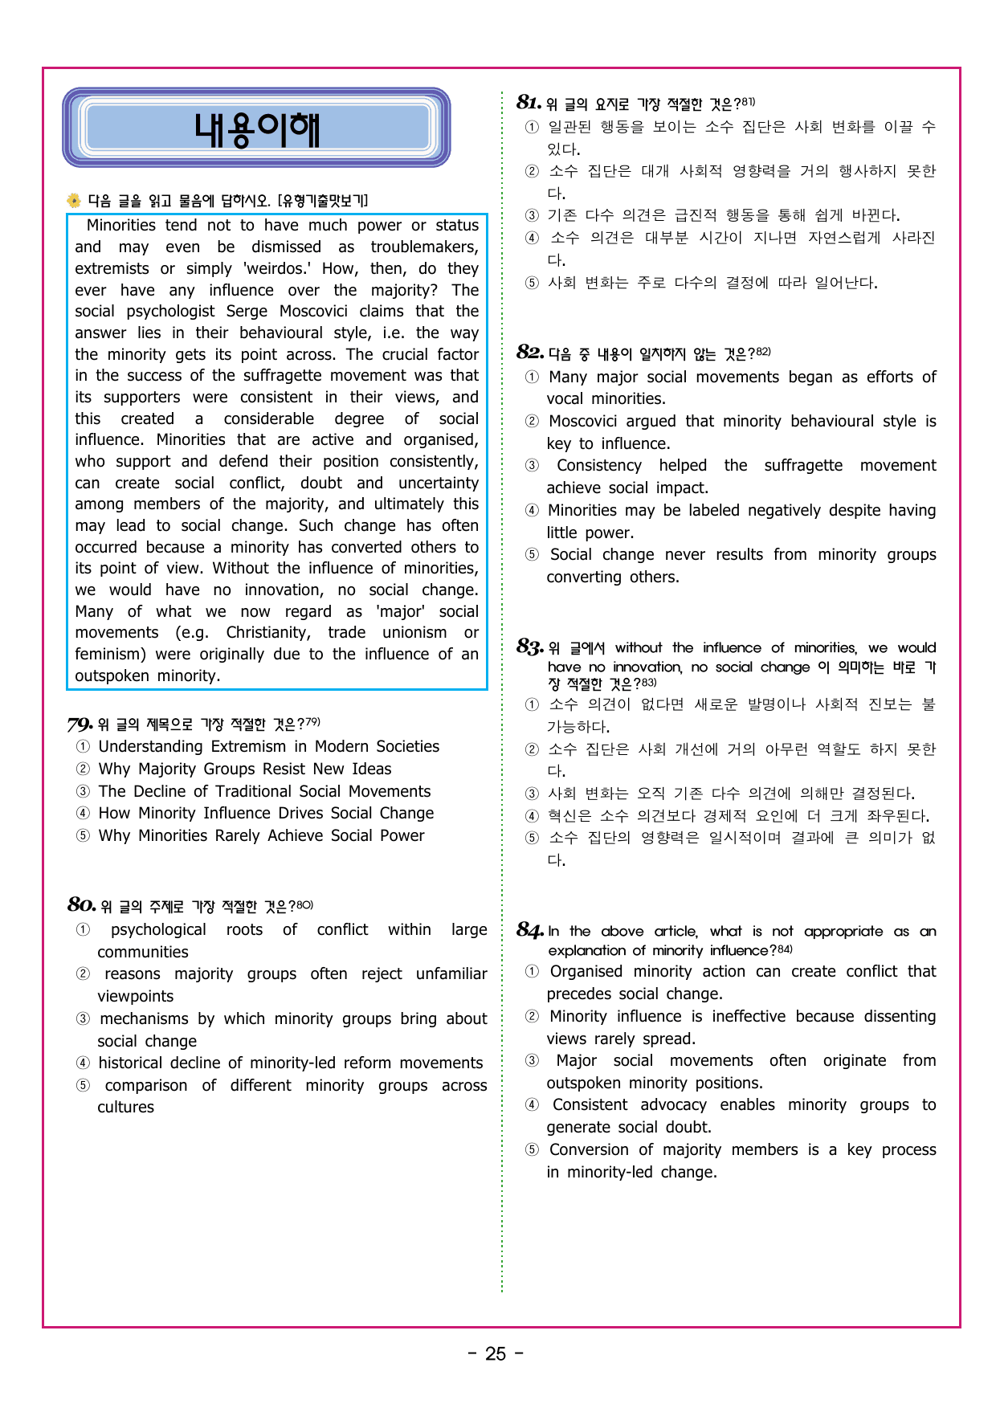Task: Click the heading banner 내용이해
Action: pos(256,129)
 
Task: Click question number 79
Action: pos(80,724)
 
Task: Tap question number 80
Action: pos(81,905)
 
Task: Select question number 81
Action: pos(529,103)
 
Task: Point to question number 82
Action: pos(530,353)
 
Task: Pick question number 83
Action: pos(530,647)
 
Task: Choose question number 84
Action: pos(530,931)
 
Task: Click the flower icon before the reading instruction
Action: pos(74,201)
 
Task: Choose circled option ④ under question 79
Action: pos(83,814)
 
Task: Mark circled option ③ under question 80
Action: pos(83,1019)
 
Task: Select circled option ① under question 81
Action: pos(532,128)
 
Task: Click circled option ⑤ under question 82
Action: pos(532,555)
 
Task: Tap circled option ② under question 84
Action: pos(532,1017)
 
